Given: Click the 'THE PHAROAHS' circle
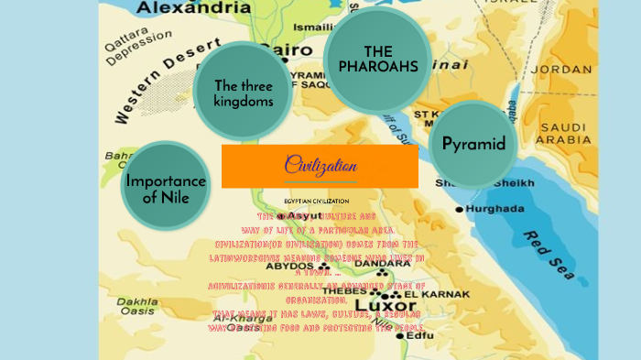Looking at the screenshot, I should coord(377,59).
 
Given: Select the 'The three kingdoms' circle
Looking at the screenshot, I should coord(244,92).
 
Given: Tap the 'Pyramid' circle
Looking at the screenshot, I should coord(473,144).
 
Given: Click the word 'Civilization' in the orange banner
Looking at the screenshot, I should coord(320,166).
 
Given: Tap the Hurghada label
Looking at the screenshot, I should coord(495,209).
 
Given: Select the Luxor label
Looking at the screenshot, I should coord(378,304).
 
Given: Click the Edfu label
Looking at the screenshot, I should coord(420,335).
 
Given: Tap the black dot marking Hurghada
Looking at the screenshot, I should coord(460,210).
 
